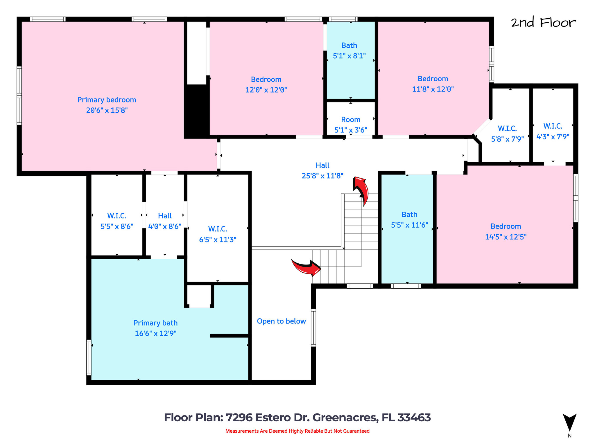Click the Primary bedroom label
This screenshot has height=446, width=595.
[107, 100]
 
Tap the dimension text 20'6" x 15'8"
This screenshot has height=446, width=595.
[107, 110]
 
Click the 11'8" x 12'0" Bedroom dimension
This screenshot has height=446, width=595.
[433, 89]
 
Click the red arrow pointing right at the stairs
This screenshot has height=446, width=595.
[307, 267]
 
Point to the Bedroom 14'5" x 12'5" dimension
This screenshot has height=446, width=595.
[506, 237]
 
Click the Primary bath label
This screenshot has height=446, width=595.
[155, 323]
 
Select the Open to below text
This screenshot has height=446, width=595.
[281, 321]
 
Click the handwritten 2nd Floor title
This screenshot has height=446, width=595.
[543, 23]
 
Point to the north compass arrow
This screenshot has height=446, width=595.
[569, 422]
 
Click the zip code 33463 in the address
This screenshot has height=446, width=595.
[414, 418]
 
